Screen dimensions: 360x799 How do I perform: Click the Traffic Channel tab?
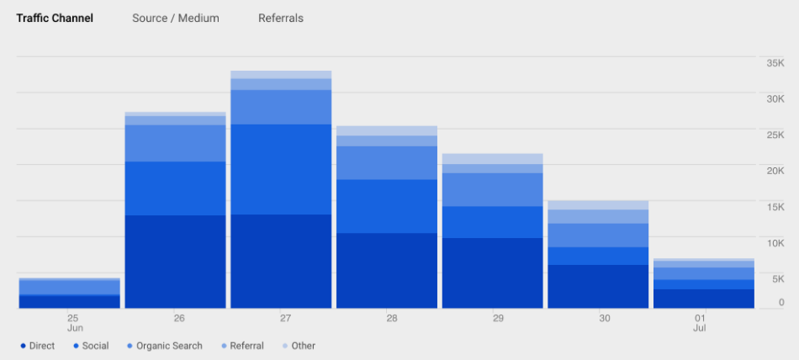click(55, 18)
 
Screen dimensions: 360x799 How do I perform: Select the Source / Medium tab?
click(175, 18)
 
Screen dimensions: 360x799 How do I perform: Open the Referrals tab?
click(281, 18)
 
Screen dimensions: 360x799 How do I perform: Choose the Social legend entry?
click(95, 346)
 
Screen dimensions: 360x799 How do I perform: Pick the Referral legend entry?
click(246, 346)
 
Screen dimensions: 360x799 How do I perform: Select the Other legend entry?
click(303, 346)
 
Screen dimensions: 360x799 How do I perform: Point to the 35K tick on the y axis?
click(775, 63)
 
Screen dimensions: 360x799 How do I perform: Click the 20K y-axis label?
click(775, 171)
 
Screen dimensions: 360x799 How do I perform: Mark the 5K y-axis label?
click(777, 278)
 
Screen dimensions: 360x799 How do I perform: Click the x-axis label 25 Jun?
click(73, 322)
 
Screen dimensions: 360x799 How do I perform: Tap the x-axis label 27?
click(285, 318)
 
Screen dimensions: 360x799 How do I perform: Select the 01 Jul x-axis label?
click(700, 322)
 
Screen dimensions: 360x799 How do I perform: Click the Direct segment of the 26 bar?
click(175, 262)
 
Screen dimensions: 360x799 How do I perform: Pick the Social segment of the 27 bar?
click(281, 169)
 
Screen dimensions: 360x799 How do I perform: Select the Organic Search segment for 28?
click(387, 162)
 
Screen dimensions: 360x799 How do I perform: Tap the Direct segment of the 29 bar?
click(493, 273)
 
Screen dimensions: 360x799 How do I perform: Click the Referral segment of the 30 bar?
click(598, 216)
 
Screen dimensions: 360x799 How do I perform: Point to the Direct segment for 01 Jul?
click(704, 299)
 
